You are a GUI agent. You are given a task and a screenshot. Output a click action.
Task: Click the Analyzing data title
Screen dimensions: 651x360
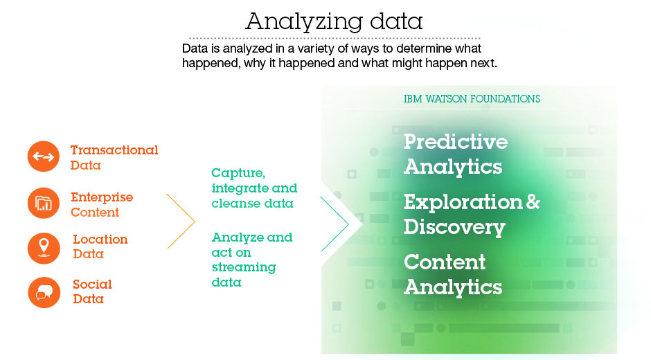tap(334, 21)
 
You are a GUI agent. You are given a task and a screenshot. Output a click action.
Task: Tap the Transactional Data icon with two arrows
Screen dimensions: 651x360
tap(44, 156)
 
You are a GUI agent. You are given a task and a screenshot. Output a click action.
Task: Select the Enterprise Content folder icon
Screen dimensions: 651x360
tap(44, 203)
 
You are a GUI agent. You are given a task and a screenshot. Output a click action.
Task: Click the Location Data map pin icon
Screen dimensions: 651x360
tap(44, 248)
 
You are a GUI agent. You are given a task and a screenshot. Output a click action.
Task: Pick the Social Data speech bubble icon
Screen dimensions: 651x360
tap(44, 292)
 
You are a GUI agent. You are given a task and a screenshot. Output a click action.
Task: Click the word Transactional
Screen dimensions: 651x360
tap(114, 150)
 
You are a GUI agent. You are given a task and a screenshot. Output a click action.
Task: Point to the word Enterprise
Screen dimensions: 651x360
tap(102, 197)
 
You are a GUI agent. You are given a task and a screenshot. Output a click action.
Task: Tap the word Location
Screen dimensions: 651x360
tap(100, 239)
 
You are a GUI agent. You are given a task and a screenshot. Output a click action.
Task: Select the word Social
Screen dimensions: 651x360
tap(92, 285)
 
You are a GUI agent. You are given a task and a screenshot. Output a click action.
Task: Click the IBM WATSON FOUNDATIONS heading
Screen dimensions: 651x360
tap(472, 99)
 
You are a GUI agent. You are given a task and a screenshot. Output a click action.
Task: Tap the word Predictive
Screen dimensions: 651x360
tap(456, 142)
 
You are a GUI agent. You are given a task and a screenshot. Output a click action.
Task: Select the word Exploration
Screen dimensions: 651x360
tap(463, 202)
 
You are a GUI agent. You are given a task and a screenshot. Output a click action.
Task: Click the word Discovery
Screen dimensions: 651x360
tap(454, 228)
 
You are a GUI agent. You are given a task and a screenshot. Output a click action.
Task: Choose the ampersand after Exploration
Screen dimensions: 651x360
tap(533, 201)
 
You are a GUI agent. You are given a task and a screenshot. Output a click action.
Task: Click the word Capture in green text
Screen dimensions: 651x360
tap(238, 173)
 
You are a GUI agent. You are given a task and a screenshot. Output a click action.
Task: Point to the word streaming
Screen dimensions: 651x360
tap(244, 268)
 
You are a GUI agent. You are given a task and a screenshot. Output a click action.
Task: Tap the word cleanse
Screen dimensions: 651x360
tap(231, 204)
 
